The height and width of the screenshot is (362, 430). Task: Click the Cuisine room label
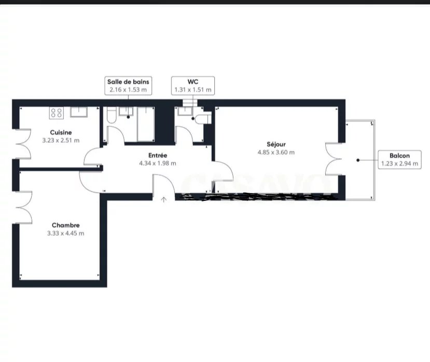pyautogui.click(x=61, y=133)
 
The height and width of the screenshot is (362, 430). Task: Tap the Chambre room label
pyautogui.click(x=66, y=225)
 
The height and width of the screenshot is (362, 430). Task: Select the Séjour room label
pyautogui.click(x=276, y=144)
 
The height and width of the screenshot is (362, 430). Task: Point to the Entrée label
pyautogui.click(x=158, y=155)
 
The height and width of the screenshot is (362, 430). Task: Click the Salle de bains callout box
pyautogui.click(x=128, y=85)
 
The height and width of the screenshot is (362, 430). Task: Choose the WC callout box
pyautogui.click(x=193, y=85)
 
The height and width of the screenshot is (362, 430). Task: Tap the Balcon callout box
pyautogui.click(x=399, y=160)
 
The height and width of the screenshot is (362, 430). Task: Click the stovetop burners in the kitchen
pyautogui.click(x=57, y=113)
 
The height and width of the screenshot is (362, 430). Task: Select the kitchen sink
pyautogui.click(x=79, y=112)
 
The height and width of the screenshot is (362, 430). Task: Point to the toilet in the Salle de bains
pyautogui.click(x=112, y=115)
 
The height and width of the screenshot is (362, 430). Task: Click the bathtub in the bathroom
pyautogui.click(x=146, y=124)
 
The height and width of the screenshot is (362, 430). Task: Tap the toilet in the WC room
pyautogui.click(x=203, y=119)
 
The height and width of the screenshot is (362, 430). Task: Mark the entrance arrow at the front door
pyautogui.click(x=164, y=199)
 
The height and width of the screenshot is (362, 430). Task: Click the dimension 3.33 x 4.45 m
pyautogui.click(x=66, y=233)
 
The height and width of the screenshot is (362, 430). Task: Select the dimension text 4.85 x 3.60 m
pyautogui.click(x=276, y=152)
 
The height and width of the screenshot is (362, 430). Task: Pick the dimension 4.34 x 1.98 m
pyautogui.click(x=158, y=163)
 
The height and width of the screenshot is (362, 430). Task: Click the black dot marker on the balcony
pyautogui.click(x=358, y=160)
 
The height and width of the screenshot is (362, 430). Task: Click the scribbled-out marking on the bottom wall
pyautogui.click(x=258, y=197)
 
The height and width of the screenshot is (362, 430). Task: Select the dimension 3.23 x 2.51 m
pyautogui.click(x=61, y=140)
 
